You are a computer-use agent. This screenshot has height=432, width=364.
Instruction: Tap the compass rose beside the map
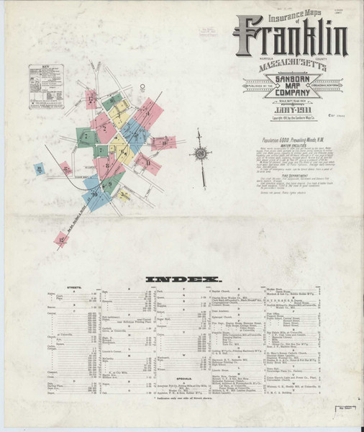point(199,153)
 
